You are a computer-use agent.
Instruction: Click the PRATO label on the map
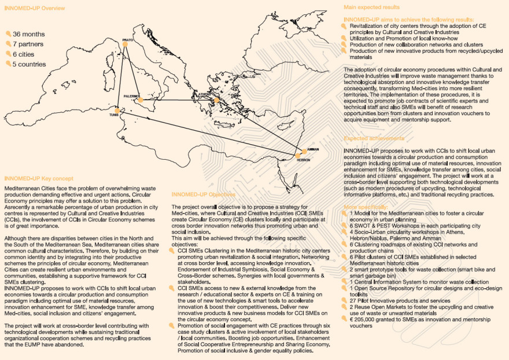127,39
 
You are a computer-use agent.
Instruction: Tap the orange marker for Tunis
117,110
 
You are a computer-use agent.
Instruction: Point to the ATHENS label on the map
205,94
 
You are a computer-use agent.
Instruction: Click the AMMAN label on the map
312,149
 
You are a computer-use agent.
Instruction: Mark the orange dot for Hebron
298,156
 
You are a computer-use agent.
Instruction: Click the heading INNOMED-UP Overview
35,8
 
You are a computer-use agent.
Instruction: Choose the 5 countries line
29,64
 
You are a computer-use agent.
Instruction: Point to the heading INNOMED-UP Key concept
39,180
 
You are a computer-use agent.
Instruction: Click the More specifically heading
366,207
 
